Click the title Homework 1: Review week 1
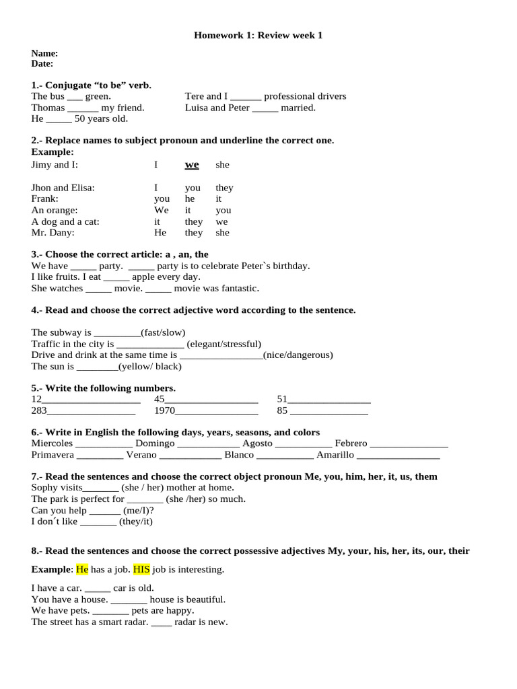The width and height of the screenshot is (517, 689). (x=258, y=35)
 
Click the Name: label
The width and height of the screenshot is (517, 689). (x=44, y=53)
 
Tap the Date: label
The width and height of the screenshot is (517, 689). (x=42, y=64)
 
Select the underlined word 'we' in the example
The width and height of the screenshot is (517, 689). (x=192, y=165)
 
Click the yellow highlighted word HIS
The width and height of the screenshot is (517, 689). (x=141, y=569)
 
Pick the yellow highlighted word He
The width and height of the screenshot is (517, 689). (x=82, y=569)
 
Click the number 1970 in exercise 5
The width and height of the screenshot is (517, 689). (x=164, y=410)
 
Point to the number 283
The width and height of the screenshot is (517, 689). (x=39, y=410)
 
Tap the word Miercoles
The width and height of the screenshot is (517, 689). (x=52, y=443)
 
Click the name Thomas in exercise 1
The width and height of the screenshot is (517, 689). (x=48, y=108)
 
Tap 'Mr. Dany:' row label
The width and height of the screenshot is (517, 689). (x=53, y=233)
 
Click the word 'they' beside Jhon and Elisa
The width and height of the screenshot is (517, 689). (x=224, y=188)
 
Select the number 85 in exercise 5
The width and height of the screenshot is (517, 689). (x=282, y=410)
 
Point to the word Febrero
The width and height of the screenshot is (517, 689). (x=351, y=443)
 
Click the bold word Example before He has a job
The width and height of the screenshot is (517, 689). (x=50, y=569)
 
